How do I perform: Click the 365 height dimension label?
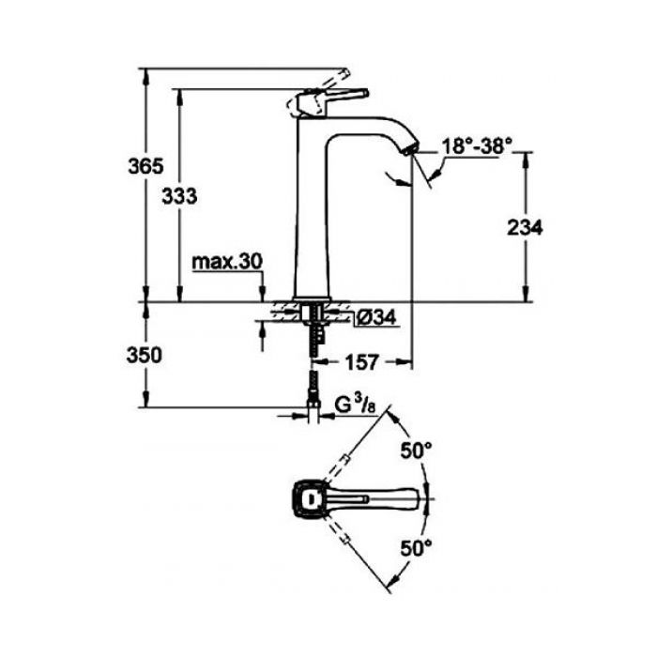click(145, 167)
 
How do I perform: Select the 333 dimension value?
click(179, 196)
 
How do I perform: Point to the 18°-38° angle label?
click(477, 146)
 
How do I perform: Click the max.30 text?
click(227, 263)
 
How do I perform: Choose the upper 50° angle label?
click(417, 451)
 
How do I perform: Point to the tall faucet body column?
click(310, 216)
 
